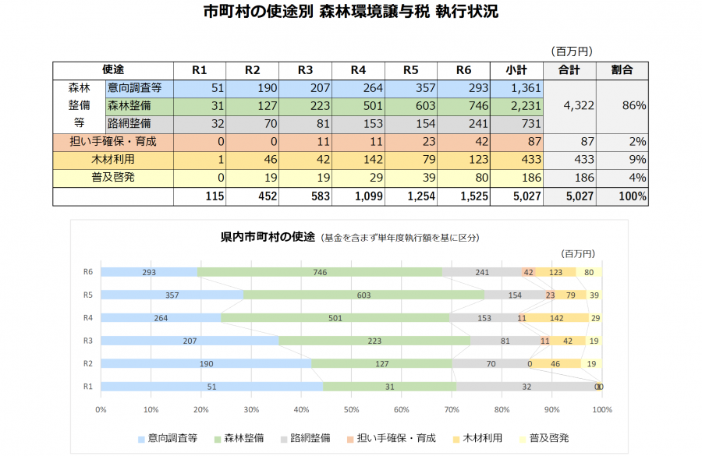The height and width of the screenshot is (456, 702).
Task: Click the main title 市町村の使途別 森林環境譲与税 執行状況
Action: (x=350, y=12)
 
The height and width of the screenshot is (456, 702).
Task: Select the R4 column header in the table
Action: (x=358, y=70)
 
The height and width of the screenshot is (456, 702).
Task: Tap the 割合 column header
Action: (x=622, y=70)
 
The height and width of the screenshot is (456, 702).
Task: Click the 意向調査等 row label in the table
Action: (x=134, y=88)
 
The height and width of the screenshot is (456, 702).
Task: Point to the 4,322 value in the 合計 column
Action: (x=569, y=106)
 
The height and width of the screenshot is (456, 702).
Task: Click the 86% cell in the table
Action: (x=622, y=106)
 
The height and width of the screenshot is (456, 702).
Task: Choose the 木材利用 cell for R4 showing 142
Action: (x=358, y=159)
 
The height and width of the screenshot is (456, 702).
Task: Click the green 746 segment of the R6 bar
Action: (x=320, y=273)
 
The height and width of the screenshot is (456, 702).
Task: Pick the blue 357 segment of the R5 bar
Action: (x=172, y=295)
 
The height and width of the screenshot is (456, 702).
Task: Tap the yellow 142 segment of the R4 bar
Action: (x=558, y=318)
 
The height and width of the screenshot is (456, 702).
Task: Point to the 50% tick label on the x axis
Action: (x=351, y=408)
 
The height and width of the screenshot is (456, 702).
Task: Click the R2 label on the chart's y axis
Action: (x=89, y=363)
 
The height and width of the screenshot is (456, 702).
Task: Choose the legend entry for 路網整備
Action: (x=304, y=438)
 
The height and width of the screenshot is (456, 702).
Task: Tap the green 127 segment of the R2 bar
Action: (x=381, y=363)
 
